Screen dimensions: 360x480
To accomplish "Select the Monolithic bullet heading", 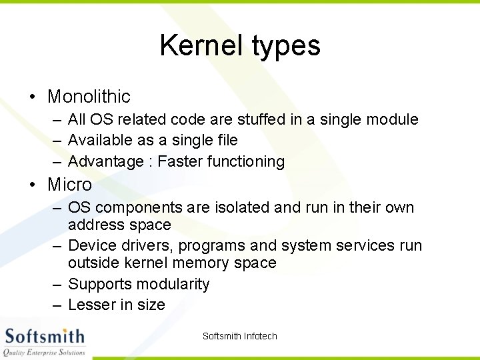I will coord(89,97).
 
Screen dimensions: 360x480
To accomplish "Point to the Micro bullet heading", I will coord(69,184).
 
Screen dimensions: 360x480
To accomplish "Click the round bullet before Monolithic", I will coord(32,97).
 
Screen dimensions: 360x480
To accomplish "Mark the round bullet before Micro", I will coord(32,185).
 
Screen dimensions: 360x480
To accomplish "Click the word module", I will coord(393,119).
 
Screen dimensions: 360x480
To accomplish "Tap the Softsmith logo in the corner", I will coord(45,341).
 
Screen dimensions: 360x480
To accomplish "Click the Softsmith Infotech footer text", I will coord(239,336).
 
